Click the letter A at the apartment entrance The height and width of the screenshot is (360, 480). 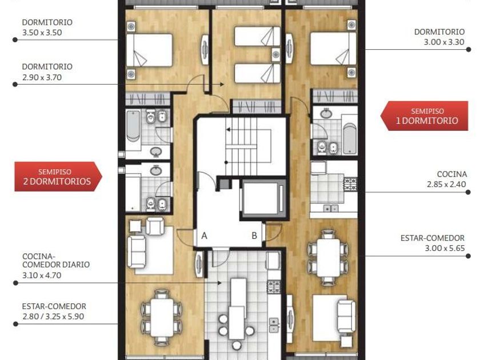tap(204, 235)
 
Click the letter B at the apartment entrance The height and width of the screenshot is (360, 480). tap(254, 235)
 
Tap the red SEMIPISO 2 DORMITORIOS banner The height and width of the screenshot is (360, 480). tap(58, 177)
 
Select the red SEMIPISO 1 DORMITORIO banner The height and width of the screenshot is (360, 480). tap(424, 116)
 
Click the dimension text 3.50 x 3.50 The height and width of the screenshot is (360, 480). tap(42, 33)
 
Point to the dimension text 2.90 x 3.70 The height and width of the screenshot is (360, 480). tap(42, 78)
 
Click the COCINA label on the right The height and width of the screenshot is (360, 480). tap(452, 174)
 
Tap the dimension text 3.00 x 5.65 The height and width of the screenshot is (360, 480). tap(445, 248)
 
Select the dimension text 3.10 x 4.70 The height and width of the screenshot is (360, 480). tap(42, 275)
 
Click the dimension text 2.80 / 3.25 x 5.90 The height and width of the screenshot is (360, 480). tap(53, 317)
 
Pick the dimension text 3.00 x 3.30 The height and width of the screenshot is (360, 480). tap(444, 42)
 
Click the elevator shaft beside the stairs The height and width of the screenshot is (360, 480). tap(263, 199)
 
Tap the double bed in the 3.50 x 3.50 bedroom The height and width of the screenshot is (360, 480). tap(149, 50)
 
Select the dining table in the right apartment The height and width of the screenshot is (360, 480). tap(329, 258)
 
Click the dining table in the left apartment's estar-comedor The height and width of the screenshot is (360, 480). tap(162, 317)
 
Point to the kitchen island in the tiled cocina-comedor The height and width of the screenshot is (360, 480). tap(238, 309)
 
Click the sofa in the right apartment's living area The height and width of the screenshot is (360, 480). tap(346, 317)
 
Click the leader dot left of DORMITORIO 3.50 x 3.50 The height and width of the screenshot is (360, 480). tap(15, 40)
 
